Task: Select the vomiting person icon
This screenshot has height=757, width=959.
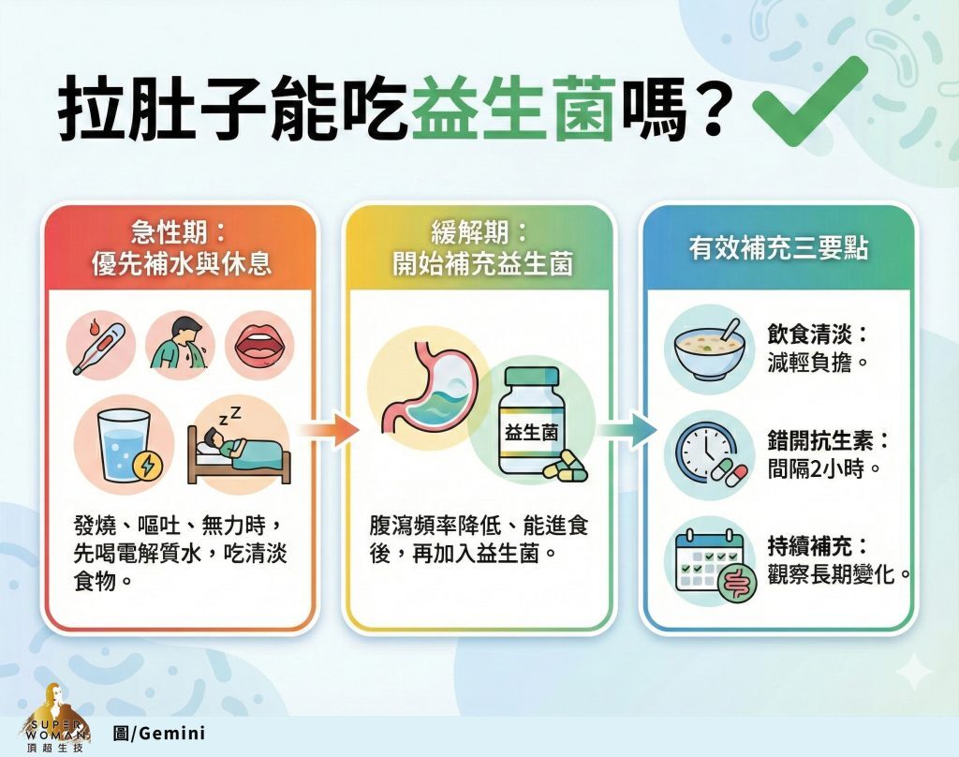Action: [180, 344]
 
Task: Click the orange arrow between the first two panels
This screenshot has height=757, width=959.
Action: [328, 430]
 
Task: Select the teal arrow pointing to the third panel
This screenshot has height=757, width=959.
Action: [625, 430]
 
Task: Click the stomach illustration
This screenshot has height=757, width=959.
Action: [425, 393]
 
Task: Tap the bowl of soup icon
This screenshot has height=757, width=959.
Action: [709, 347]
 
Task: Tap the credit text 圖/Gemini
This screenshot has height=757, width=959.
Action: [158, 733]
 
